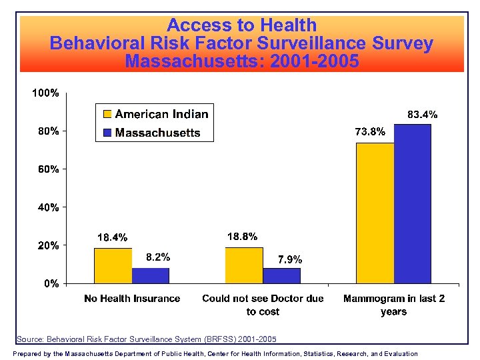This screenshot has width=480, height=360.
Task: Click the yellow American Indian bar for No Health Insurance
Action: [x=113, y=265]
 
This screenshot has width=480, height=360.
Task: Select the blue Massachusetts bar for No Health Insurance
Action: [x=151, y=275]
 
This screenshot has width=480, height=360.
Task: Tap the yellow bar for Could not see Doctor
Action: [x=244, y=265]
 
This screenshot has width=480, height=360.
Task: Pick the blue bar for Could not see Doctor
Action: [x=281, y=275]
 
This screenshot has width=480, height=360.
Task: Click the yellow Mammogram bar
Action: [x=375, y=213]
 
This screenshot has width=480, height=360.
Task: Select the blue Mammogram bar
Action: [x=413, y=203]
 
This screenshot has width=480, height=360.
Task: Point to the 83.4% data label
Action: [x=422, y=115]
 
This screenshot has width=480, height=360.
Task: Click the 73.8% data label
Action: [x=369, y=132]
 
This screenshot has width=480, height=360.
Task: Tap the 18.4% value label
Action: [x=112, y=237]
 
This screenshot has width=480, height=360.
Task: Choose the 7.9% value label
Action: [x=290, y=259]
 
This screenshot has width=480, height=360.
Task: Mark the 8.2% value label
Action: [x=158, y=257]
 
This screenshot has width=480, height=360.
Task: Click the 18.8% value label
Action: [x=242, y=236]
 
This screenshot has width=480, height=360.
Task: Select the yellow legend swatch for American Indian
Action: [x=107, y=114]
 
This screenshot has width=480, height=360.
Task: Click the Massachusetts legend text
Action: [x=158, y=133]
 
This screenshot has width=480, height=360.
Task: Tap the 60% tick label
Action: [x=48, y=169]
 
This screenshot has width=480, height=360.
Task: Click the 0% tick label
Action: [x=51, y=283]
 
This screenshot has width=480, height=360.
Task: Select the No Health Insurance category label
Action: [x=132, y=299]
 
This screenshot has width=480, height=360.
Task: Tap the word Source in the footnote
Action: [x=29, y=339]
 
